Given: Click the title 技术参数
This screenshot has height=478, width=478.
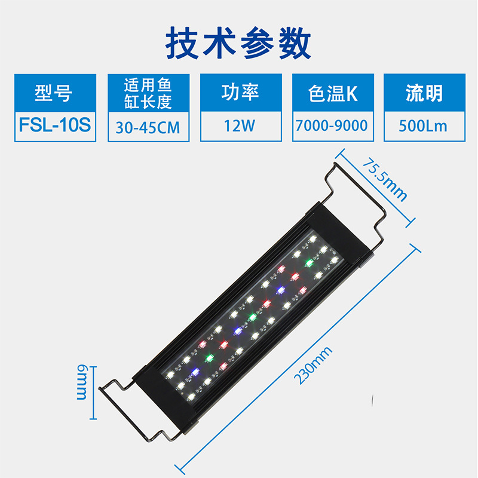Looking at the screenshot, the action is (x=238, y=42).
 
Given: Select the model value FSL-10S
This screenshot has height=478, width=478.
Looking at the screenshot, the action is (x=54, y=126).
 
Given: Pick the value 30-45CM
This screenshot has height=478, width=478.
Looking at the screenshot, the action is (x=148, y=127).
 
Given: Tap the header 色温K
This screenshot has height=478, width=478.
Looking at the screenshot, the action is (x=333, y=93).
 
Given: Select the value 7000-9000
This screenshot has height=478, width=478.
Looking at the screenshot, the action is (x=333, y=127).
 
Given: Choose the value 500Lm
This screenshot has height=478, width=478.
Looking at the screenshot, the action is (x=424, y=127).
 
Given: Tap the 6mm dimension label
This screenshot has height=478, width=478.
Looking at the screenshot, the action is (x=82, y=384).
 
